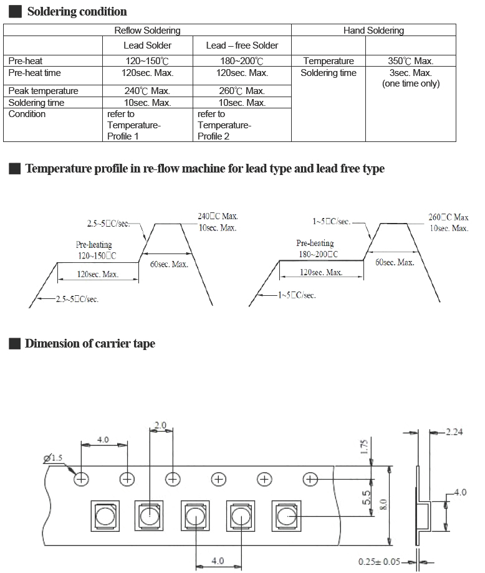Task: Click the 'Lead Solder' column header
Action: point(147,45)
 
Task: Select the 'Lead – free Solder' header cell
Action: point(242,45)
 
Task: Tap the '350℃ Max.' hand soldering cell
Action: point(410,60)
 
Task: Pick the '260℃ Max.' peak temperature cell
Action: point(242,91)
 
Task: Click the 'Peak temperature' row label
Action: point(43,91)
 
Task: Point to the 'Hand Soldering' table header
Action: point(373,31)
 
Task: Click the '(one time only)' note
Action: point(411,83)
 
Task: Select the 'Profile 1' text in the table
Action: point(123,136)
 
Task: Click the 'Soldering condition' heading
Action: point(77,11)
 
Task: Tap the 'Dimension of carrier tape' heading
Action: point(90,344)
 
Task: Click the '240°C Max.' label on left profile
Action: point(218,216)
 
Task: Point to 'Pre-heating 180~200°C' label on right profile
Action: point(317,249)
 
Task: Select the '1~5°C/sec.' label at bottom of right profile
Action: point(297,295)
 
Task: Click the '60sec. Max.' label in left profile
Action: point(169,264)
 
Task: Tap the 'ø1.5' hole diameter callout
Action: point(53,458)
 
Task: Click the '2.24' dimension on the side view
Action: point(454,432)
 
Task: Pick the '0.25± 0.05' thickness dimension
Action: point(379,562)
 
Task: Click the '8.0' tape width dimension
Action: point(383,505)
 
